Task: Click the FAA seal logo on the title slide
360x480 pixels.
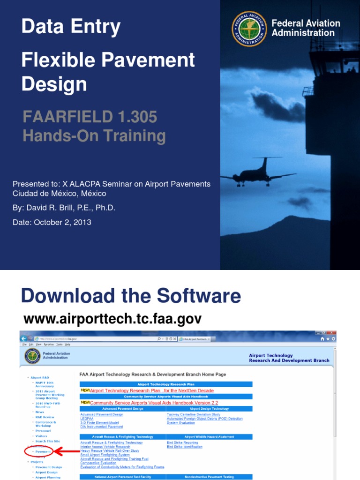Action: point(249,29)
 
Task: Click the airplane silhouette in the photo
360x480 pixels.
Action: point(259,173)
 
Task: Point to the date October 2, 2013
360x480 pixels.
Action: point(62,222)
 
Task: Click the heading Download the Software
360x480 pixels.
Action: point(131,296)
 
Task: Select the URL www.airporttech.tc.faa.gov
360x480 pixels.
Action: point(112,319)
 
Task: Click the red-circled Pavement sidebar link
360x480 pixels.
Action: point(43,451)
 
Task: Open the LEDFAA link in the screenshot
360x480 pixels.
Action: point(87,419)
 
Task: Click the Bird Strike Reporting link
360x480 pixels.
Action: point(182,442)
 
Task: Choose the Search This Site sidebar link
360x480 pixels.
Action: point(47,441)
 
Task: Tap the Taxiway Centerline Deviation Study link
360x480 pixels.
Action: point(193,414)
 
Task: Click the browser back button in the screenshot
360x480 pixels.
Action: point(23,338)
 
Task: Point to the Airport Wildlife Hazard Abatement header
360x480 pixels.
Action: point(209,437)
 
